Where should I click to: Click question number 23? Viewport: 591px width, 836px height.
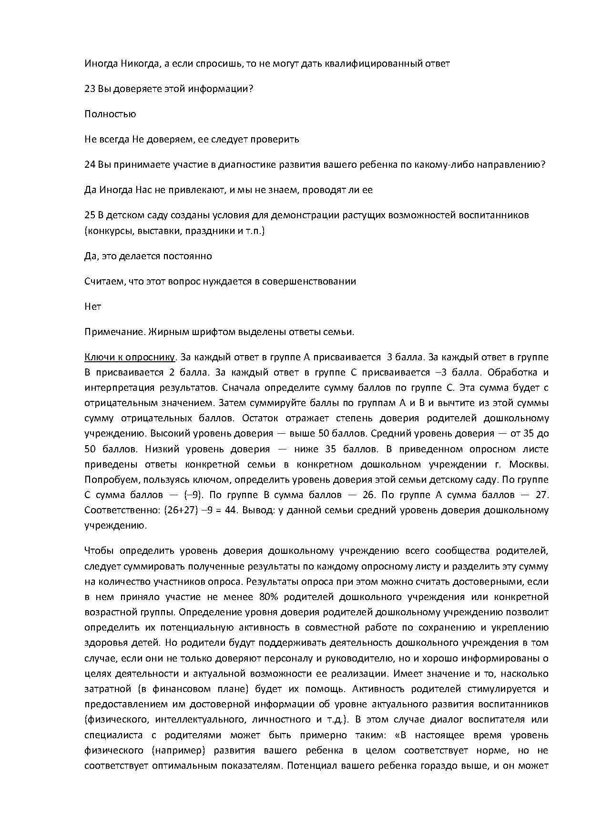tap(90, 89)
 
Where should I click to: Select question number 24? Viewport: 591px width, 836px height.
tap(90, 164)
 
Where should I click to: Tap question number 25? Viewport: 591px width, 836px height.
tap(90, 215)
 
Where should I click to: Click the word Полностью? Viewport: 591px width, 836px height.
tap(110, 114)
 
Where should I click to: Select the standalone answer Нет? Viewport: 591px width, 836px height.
tap(92, 306)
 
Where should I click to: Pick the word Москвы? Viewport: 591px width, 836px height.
tap(529, 464)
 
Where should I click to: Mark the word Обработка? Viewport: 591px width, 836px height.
tap(517, 372)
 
